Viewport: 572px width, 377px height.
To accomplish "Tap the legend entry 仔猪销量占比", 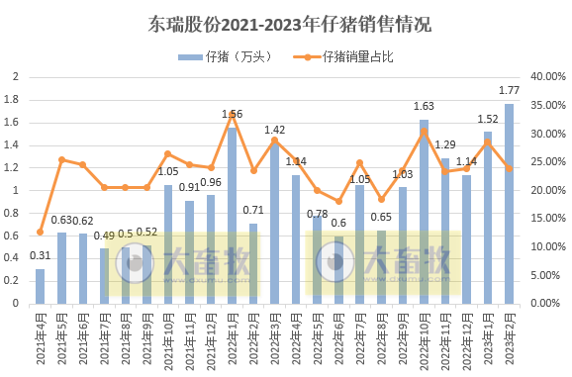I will (x=357, y=56).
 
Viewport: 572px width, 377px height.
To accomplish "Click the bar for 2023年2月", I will (x=509, y=203).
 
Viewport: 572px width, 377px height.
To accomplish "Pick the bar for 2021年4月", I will (x=41, y=286).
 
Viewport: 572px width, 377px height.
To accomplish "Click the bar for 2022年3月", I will (x=275, y=223).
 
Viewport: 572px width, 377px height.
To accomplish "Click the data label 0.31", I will (x=41, y=257).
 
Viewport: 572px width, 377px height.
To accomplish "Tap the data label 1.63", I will (x=424, y=107).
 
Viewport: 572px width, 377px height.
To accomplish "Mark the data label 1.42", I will (x=275, y=131).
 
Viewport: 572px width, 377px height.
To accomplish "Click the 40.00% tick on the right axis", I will (x=546, y=77).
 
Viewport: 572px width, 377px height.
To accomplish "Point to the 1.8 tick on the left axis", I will (x=13, y=100).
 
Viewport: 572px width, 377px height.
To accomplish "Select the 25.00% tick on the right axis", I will (x=546, y=162).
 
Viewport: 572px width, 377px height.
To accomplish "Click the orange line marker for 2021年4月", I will (x=41, y=233).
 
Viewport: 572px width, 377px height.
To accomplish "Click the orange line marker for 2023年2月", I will (x=509, y=168).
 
